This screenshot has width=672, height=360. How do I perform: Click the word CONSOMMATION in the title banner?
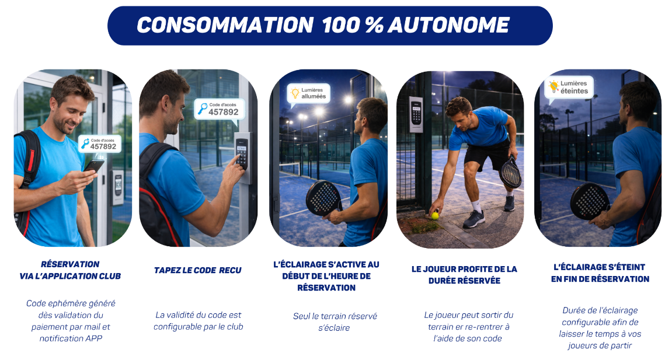[225, 25]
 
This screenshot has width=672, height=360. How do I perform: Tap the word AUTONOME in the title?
[449, 25]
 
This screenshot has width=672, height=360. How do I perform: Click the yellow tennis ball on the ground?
[435, 215]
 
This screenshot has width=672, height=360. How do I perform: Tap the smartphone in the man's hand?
[94, 165]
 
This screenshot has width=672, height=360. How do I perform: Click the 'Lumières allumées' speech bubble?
[309, 94]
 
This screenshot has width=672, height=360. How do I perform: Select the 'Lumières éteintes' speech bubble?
[569, 88]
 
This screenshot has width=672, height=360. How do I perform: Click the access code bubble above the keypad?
[220, 110]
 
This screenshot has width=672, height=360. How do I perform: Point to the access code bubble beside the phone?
[100, 144]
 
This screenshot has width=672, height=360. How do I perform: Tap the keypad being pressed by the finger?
[242, 154]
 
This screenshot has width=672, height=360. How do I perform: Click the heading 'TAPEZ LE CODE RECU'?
[197, 270]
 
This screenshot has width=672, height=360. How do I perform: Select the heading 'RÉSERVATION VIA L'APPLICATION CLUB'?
[70, 270]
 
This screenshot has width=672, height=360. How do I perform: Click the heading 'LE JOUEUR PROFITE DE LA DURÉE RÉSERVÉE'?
[464, 275]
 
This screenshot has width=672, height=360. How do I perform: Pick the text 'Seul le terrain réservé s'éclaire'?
[335, 322]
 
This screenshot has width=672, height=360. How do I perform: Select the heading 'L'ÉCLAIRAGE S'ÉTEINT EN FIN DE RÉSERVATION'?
[600, 273]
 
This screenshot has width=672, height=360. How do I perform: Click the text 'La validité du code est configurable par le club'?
[198, 321]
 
